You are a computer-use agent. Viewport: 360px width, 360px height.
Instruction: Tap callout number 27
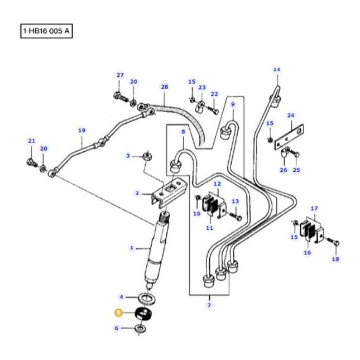tap(119, 75)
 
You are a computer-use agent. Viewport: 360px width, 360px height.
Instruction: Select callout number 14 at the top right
tap(276, 70)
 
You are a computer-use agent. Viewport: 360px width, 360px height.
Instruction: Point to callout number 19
tap(81, 131)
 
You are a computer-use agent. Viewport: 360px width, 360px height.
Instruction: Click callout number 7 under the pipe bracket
tap(209, 305)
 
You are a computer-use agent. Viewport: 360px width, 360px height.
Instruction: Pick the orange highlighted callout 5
tap(118, 313)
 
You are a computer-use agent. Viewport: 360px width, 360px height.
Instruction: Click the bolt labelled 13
tap(232, 213)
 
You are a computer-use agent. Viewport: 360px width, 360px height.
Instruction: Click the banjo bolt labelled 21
tap(30, 162)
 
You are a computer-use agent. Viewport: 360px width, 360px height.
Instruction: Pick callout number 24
tap(290, 116)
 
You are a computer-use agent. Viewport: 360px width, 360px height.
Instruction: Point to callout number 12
tap(217, 184)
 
